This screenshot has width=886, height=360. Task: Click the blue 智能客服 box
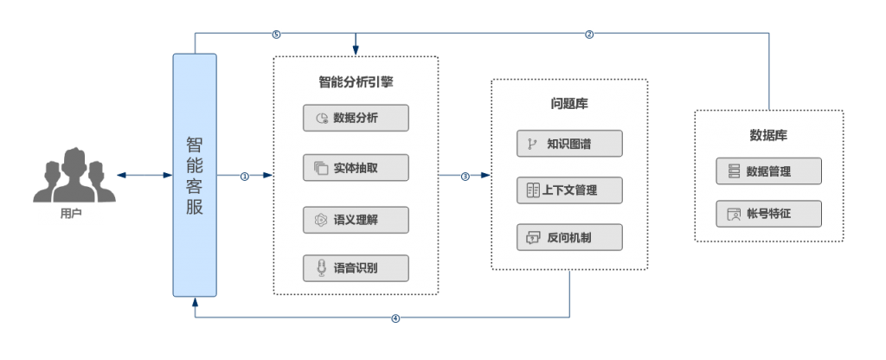coord(195,175)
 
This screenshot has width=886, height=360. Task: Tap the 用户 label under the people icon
coord(71,214)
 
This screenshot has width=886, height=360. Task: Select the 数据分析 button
coord(356,118)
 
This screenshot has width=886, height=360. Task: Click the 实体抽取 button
coord(356,168)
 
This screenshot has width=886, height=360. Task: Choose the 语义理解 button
coord(356,219)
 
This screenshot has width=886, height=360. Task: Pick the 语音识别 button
coord(356,268)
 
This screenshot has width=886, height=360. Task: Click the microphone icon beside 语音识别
coord(320,268)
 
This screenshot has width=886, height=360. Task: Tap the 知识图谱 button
coord(569,144)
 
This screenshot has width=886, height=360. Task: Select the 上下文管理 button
coord(569,190)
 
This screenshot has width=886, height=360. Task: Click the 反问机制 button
coord(569,237)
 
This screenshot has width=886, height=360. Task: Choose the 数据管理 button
coord(768,171)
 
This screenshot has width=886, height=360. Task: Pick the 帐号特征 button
coord(768,213)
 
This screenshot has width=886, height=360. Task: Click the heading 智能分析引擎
coord(356,83)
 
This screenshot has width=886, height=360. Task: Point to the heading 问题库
coord(569,104)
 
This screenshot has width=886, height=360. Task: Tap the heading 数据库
coord(768,135)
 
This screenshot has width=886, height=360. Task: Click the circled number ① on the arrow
coord(245,176)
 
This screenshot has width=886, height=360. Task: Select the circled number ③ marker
coord(465,176)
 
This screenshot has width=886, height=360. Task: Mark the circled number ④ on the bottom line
coord(395,318)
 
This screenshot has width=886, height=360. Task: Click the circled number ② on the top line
coord(589,34)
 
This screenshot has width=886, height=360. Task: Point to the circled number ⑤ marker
coord(276,34)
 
